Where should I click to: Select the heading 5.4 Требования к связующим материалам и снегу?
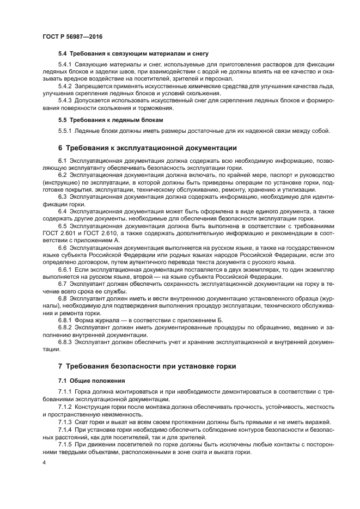pyautogui.click(x=133, y=54)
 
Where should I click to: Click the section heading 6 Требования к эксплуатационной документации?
pyautogui.click(x=147, y=148)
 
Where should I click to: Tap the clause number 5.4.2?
pyautogui.click(x=65, y=86)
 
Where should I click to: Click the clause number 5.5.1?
pyautogui.click(x=65, y=131)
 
